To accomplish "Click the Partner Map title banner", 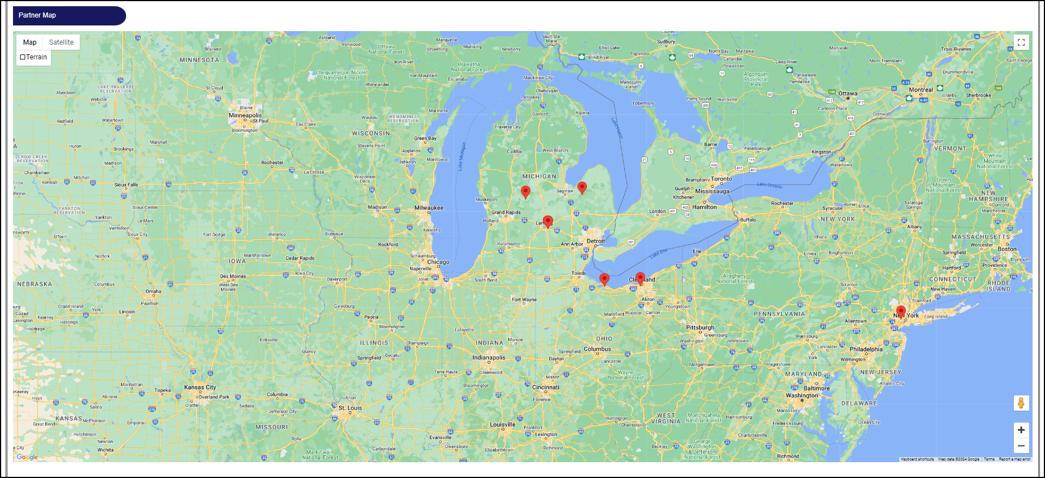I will point(69,16).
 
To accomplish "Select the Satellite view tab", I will point(61,42).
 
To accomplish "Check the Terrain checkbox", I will point(23,57).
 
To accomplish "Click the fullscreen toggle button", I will point(1021,42).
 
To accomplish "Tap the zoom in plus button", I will point(1021,430).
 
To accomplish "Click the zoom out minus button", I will point(1021,446).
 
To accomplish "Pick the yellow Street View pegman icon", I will point(1021,403).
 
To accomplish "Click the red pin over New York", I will point(901,311).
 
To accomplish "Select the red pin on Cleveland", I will point(640,278).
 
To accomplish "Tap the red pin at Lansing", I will point(547,221).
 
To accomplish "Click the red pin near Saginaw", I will point(582,187).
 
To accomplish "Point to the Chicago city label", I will point(438,262).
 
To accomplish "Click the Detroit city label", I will point(595,241).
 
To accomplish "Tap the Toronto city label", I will point(722,179).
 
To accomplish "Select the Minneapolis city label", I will point(245,115).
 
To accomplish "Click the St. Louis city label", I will point(350,408).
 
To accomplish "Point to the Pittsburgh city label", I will point(700,328).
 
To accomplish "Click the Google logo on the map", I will point(27,457).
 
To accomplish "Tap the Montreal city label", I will point(921,90).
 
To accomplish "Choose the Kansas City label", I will point(200,387).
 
